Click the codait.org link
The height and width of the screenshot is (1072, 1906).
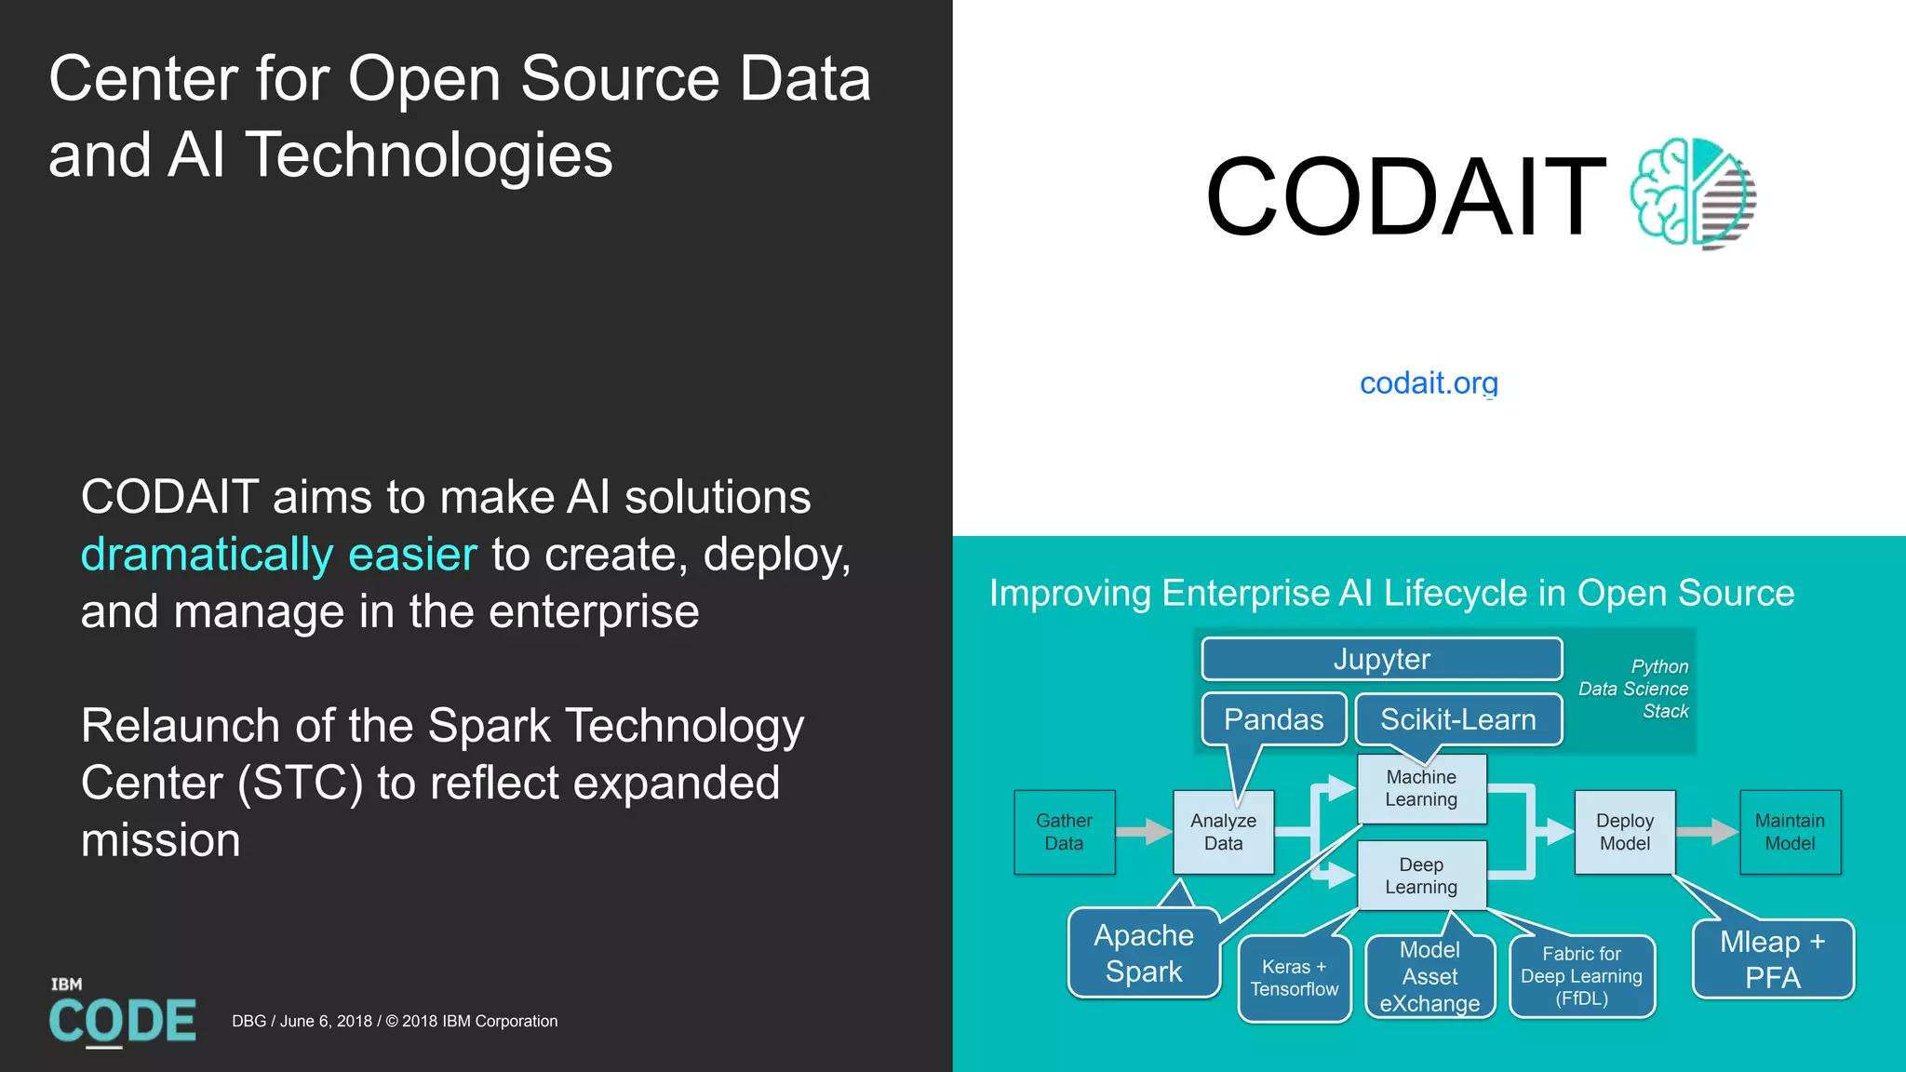1429,382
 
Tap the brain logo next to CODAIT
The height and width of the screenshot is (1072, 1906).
1692,194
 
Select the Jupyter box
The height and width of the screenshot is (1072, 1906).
1381,659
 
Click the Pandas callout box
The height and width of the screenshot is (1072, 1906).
1273,719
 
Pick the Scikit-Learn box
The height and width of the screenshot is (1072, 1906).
1457,719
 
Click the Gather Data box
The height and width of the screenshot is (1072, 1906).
1064,832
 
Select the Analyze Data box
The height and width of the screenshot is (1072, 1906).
1223,832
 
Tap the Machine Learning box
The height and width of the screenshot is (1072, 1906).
1421,788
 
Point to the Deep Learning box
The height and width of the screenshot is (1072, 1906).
1421,876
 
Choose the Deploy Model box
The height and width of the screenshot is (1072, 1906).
1624,832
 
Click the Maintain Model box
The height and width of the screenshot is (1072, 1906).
1790,832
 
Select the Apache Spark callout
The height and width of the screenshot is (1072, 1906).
1144,953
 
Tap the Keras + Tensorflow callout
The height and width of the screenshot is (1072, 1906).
1294,978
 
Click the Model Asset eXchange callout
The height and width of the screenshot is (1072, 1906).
1429,977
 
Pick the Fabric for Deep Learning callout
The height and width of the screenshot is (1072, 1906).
1581,976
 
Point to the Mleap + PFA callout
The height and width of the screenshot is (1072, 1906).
1773,959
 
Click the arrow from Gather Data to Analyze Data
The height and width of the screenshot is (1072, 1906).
1145,831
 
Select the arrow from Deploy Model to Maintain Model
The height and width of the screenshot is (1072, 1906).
1707,831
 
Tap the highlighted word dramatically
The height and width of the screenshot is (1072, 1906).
207,555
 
